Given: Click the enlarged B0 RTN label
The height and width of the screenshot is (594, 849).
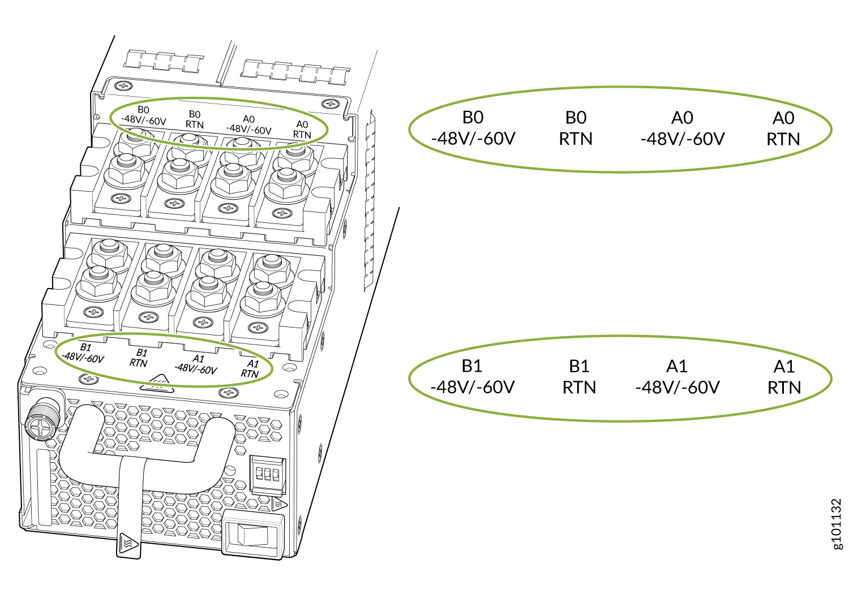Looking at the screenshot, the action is pos(576,128).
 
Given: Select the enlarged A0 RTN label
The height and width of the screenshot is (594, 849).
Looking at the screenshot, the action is pos(783,128).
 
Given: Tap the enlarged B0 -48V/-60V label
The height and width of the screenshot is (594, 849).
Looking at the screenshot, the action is pos(473,128).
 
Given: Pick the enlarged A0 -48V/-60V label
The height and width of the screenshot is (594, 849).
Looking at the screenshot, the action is pos(683,128).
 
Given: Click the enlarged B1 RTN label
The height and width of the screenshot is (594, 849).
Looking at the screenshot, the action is pos(579,377).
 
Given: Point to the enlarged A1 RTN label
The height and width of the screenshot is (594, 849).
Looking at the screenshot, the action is pos(784,377).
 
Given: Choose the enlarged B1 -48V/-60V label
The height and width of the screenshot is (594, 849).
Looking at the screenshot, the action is pos(473,377).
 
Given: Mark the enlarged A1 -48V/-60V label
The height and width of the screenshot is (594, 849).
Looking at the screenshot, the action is pos(678,377).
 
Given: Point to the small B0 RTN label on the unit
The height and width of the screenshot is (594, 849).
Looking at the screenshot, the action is pos(195,119).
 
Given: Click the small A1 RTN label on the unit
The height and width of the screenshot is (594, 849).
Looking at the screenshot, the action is pos(250,369).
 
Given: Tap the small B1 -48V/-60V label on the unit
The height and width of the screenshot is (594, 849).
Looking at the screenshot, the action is pos(83,352).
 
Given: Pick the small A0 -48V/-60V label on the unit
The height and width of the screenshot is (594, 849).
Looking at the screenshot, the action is pos(248,124).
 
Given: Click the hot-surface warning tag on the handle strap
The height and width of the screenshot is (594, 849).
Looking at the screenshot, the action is pos(129,545).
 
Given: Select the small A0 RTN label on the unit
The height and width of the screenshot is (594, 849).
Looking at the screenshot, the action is pos(302,129).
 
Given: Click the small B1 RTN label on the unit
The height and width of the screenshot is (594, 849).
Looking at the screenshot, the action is pos(139,358).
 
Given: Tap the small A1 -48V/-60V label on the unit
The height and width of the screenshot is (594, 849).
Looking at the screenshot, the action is pos(196,364).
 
